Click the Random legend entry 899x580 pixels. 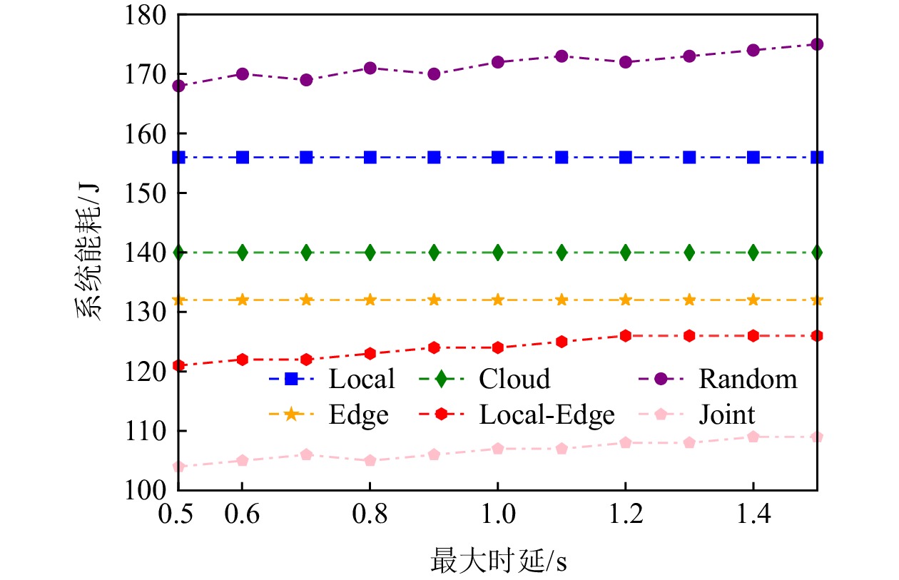[x=747, y=379]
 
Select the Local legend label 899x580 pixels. [x=361, y=379]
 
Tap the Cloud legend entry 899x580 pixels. [x=514, y=379]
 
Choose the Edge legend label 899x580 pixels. [x=360, y=414]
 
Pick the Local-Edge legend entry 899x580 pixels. [x=547, y=414]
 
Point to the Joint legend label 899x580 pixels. [x=726, y=414]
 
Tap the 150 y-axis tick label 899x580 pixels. [x=148, y=193]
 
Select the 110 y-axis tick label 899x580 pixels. [x=148, y=431]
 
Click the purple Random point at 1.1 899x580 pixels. [x=562, y=56]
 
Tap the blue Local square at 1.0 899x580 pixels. [x=497, y=157]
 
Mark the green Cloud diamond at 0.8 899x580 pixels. [x=370, y=253]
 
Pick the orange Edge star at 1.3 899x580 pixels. [x=689, y=300]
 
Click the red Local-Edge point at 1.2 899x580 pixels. [x=625, y=335]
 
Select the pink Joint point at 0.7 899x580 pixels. [x=306, y=454]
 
